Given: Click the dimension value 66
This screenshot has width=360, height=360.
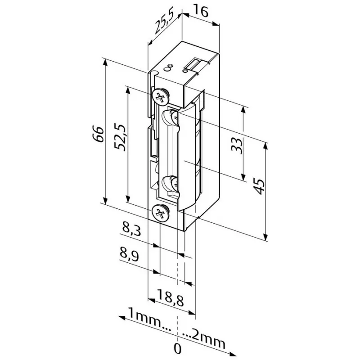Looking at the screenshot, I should [100, 134].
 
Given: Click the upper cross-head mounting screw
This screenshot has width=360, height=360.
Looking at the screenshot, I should [160, 96].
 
